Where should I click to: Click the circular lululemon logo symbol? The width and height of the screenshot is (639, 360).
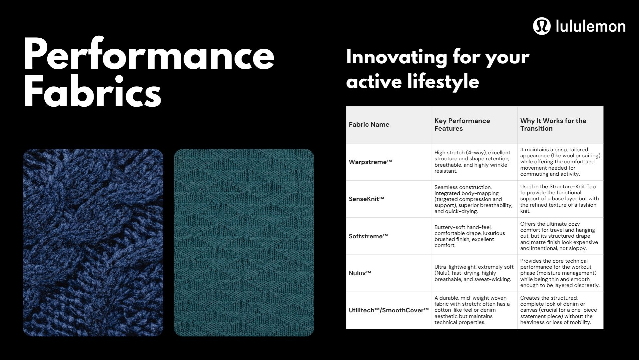coord(541,26)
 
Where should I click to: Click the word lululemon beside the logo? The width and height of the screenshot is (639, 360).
coord(591,26)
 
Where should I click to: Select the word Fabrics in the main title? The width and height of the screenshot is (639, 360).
coord(93,90)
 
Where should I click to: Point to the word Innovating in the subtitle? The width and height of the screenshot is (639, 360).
coord(396,57)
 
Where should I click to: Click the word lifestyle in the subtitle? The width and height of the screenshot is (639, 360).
coord(443,81)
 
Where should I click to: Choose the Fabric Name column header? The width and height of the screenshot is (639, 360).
coord(369,124)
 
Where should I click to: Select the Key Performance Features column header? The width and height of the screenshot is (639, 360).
coord(462,124)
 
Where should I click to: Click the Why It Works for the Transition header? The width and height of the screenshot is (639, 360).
coord(553,124)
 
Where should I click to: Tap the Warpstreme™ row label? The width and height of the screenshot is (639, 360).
coord(370,162)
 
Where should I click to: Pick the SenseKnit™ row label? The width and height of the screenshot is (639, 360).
coord(366,199)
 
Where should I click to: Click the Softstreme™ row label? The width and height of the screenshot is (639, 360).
coord(368,236)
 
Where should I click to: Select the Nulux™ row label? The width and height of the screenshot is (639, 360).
coord(360,273)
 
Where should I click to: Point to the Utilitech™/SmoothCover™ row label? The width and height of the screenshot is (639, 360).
coord(388,310)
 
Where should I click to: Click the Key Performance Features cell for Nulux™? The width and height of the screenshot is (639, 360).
coord(474,273)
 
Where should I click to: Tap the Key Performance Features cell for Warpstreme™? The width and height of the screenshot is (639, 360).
coord(472,162)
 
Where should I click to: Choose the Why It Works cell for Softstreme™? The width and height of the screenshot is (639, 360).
coord(559,236)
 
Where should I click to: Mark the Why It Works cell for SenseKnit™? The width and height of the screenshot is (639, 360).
coord(559,199)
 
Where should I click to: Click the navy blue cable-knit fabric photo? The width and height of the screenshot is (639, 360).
coord(93,242)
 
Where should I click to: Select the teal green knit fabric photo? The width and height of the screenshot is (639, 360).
coord(244,242)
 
